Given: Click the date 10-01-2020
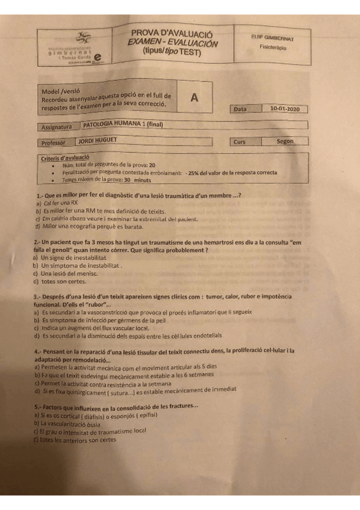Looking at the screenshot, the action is pyautogui.click(x=284, y=109).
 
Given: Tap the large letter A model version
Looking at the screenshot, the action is pyautogui.click(x=194, y=98).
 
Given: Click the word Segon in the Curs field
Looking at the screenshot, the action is pyautogui.click(x=285, y=142).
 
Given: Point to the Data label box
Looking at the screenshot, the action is pyautogui.click(x=240, y=109).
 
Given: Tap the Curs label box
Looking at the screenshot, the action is pyautogui.click(x=240, y=143).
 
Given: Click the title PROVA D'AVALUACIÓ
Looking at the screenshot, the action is pyautogui.click(x=172, y=34).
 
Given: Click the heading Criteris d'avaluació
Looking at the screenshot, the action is pyautogui.click(x=65, y=158).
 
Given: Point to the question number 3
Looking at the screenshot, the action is pyautogui.click(x=38, y=297).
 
